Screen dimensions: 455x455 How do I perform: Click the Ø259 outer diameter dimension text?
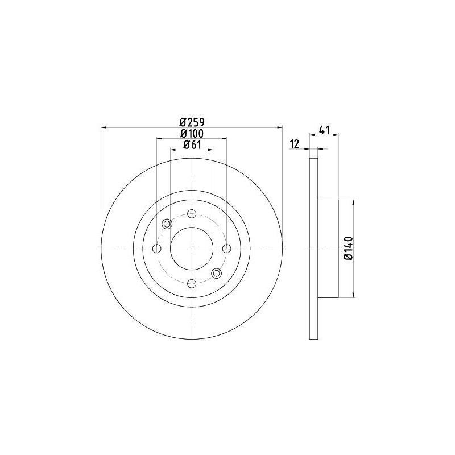[x=192, y=122]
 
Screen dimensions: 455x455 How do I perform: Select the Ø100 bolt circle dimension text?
[x=192, y=133]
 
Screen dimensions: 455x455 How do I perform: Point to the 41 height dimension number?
[x=324, y=130]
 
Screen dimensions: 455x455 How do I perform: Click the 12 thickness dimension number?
[x=294, y=144]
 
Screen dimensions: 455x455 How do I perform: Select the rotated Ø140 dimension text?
[x=349, y=249]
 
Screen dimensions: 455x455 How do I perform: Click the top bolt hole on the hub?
[x=192, y=214]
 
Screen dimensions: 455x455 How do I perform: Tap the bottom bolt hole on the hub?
[x=192, y=283]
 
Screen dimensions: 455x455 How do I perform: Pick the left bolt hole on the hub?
[x=157, y=249]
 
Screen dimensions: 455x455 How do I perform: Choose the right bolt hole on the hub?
[x=226, y=249]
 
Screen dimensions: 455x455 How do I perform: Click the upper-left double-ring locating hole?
[x=167, y=224]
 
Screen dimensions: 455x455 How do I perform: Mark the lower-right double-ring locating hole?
[x=217, y=274]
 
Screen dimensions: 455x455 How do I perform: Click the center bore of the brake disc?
[x=192, y=249]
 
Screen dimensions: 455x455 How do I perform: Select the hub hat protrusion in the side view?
[x=328, y=249]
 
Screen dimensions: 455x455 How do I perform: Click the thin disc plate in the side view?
[x=313, y=249]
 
